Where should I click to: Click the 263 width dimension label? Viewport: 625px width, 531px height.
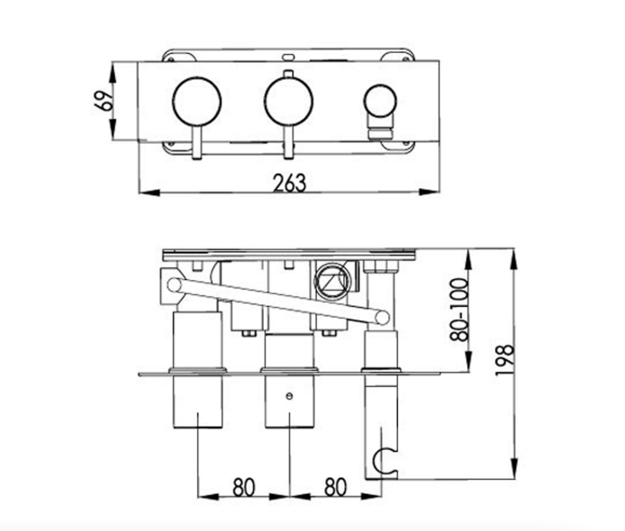(290, 184)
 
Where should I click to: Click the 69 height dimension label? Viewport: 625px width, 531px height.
(104, 101)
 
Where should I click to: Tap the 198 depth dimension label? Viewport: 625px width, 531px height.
(503, 360)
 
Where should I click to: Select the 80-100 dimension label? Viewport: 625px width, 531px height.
(458, 310)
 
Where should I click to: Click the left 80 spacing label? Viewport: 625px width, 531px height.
(243, 487)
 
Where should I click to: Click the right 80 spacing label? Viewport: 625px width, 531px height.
(335, 487)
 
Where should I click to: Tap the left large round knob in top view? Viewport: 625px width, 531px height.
(197, 102)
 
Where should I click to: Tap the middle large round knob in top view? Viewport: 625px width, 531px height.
(288, 102)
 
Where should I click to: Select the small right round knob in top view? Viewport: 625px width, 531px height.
(380, 101)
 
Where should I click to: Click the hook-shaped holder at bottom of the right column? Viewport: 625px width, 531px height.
(382, 461)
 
